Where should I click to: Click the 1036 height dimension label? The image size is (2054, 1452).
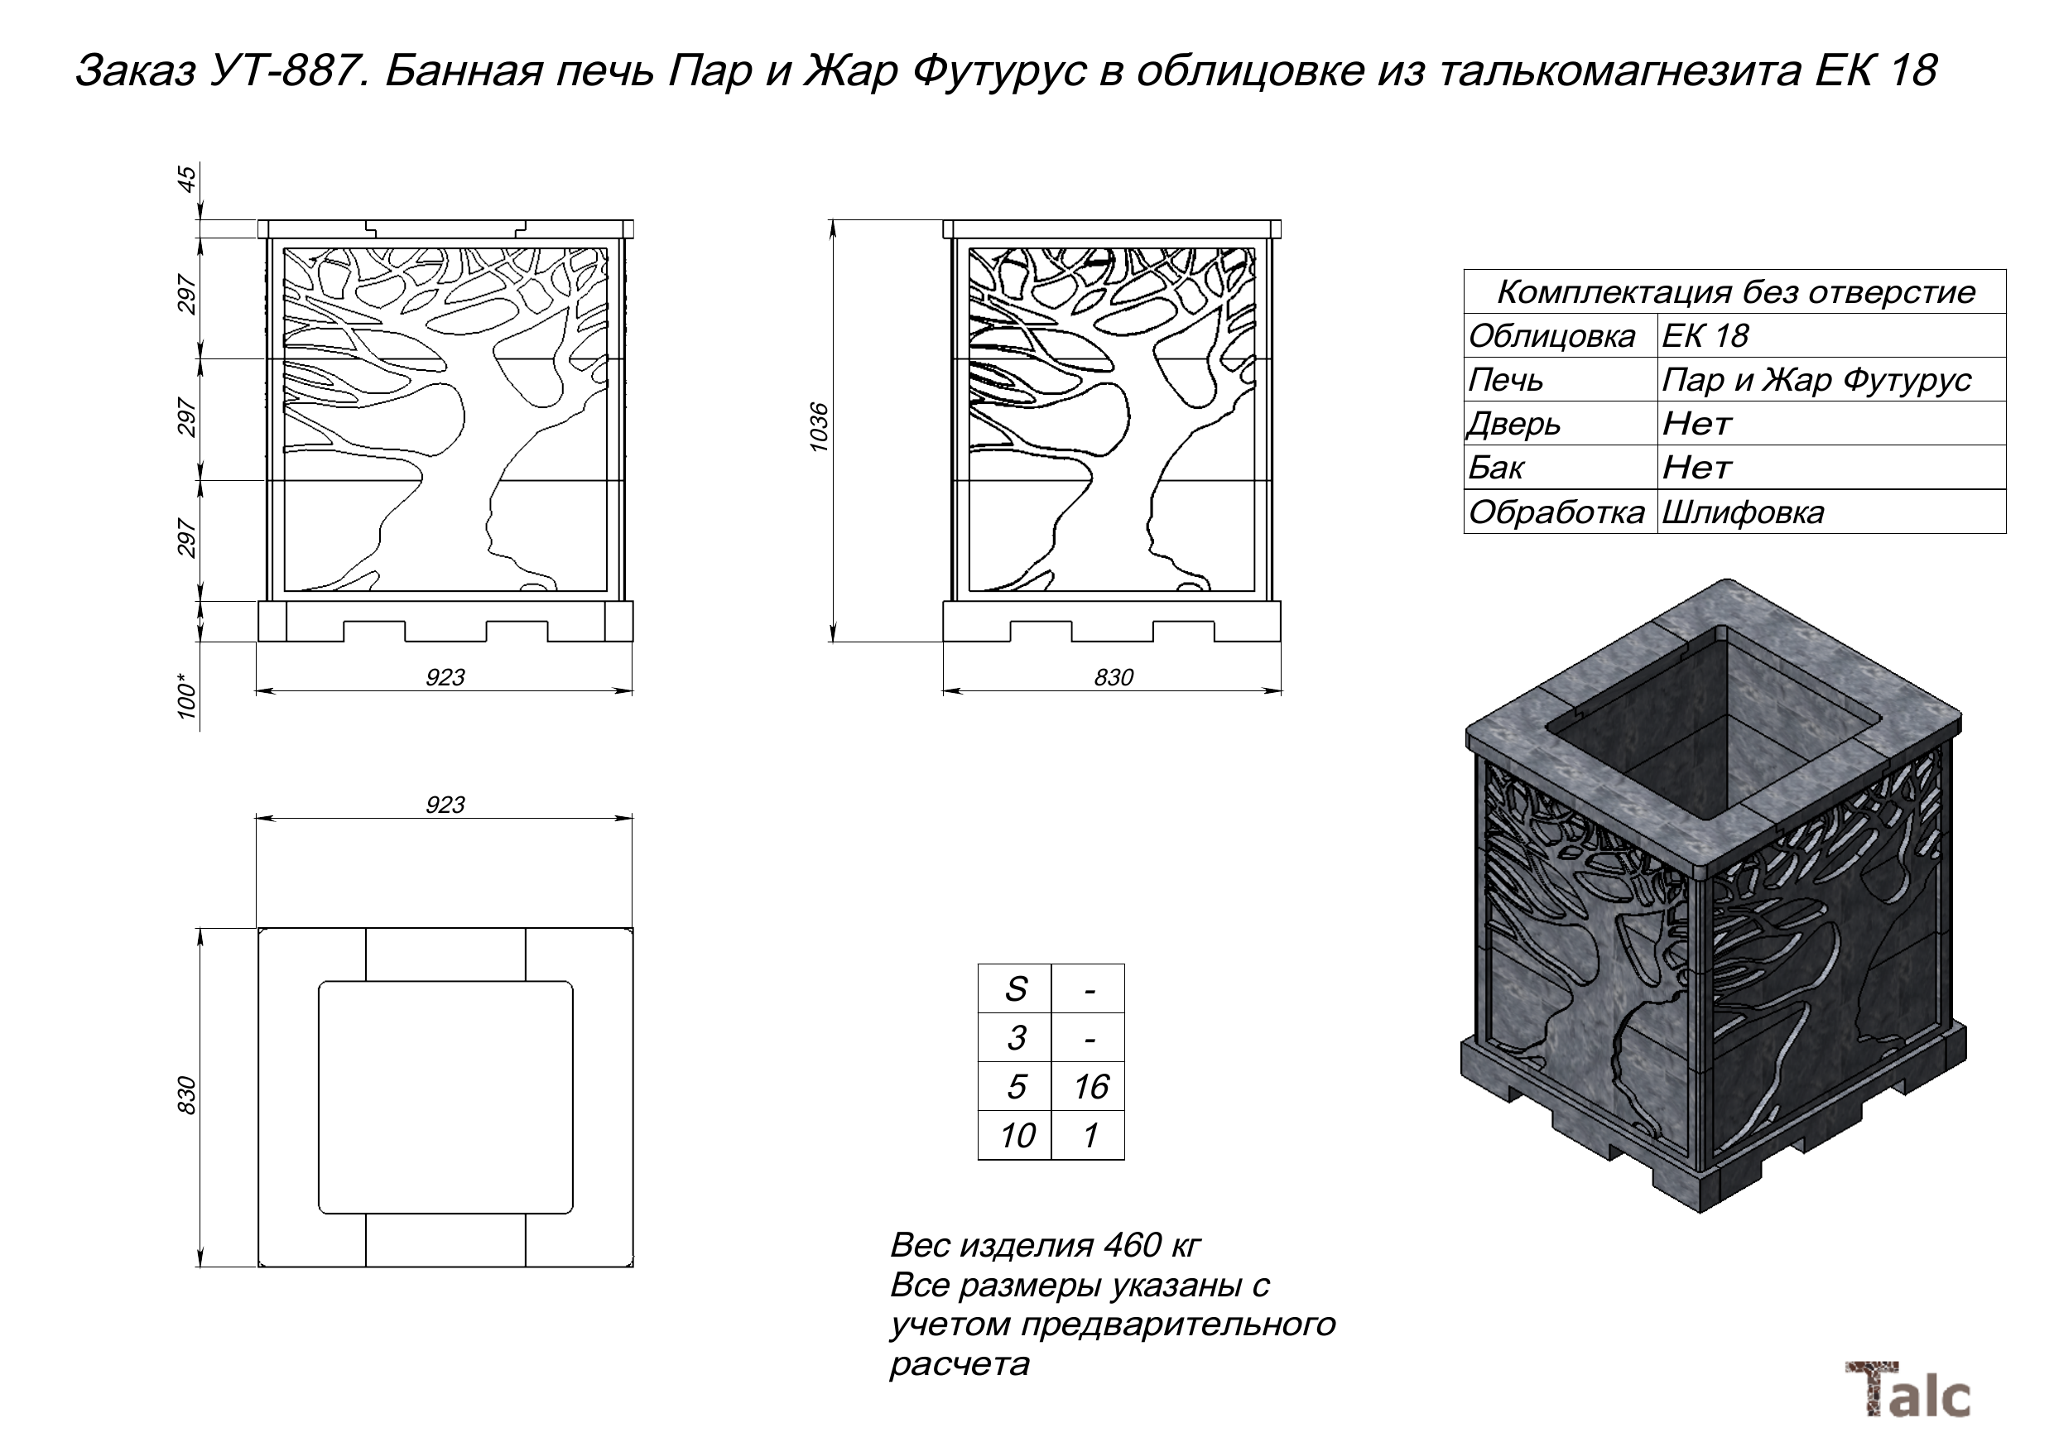(x=819, y=428)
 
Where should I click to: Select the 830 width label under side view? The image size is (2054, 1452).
(x=1113, y=677)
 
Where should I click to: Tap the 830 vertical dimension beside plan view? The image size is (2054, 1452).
(x=186, y=1095)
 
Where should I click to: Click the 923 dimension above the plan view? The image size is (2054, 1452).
(x=445, y=805)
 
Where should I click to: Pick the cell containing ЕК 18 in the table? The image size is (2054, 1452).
(x=1704, y=336)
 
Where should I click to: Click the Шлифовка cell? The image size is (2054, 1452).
(x=1742, y=512)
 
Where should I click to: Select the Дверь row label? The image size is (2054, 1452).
(x=1513, y=424)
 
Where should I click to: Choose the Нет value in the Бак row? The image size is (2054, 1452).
(x=1696, y=468)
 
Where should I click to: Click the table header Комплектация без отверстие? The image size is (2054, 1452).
(x=1734, y=292)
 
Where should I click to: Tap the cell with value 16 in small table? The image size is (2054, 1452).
(x=1090, y=1087)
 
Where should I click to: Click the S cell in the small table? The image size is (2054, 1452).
(x=1014, y=989)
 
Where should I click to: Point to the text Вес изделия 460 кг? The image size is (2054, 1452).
(x=1044, y=1244)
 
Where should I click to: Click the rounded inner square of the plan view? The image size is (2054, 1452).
(x=445, y=1097)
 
